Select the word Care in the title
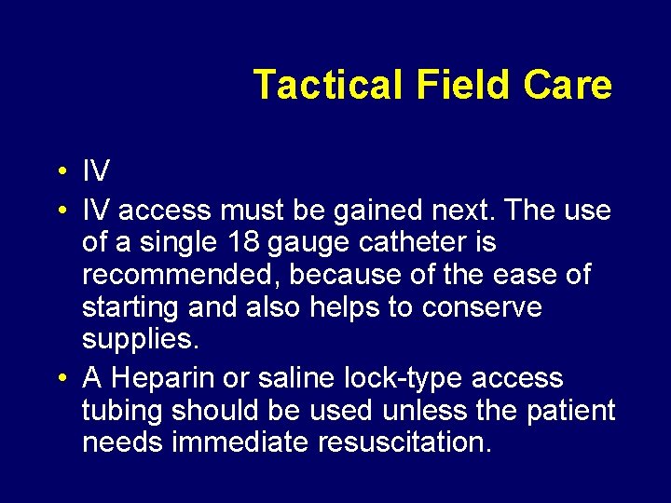tap(568, 85)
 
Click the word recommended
tap(171, 275)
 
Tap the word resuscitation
tap(403, 442)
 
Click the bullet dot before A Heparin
tap(60, 379)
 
